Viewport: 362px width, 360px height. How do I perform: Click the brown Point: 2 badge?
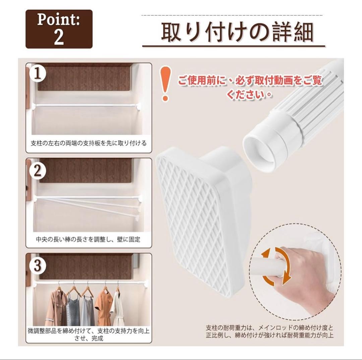click(59, 29)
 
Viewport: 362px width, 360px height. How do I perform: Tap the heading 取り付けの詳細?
click(237, 32)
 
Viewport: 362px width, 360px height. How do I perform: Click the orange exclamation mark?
click(165, 84)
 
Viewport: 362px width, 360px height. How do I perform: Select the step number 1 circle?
click(38, 74)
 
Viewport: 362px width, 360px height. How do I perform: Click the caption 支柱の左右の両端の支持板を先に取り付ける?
click(88, 143)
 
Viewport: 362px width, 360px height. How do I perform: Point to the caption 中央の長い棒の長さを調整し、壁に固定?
click(88, 239)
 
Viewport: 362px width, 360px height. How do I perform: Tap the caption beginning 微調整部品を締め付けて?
click(88, 335)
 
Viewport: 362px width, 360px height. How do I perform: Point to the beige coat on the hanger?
click(55, 305)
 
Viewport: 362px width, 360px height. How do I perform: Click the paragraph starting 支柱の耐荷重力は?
click(269, 331)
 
